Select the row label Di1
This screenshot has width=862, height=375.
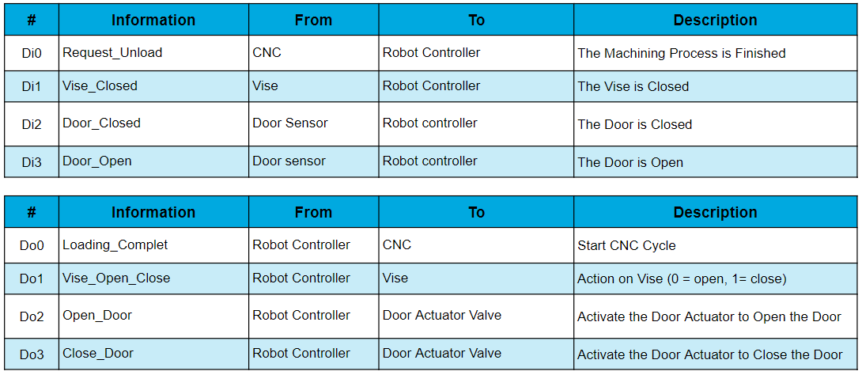(32, 86)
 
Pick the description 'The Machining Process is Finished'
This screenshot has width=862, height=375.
(681, 53)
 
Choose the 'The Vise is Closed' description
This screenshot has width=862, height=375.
(633, 87)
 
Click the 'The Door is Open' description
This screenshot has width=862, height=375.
(630, 163)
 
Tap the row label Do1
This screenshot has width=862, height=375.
(32, 278)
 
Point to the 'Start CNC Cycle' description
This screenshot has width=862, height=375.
(626, 246)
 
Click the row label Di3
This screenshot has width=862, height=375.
(32, 162)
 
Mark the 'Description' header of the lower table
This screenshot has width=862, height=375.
(715, 212)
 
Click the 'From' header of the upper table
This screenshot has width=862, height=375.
(313, 21)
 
